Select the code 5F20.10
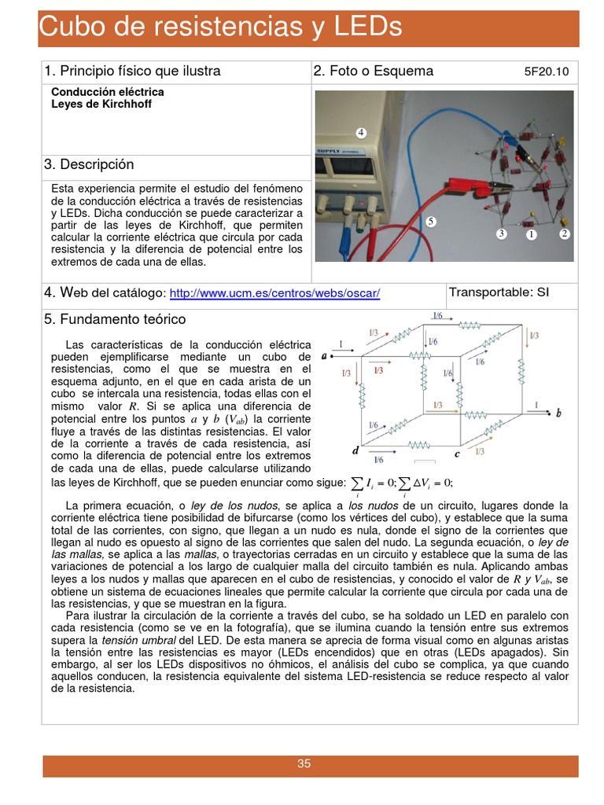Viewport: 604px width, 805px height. tap(547, 72)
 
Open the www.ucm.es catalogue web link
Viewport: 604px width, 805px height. tap(274, 293)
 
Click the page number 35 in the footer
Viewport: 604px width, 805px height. tap(304, 763)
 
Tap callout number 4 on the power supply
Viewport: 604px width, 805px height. tap(361, 132)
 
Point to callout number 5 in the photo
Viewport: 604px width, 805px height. tap(431, 222)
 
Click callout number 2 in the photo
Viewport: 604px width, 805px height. tap(564, 233)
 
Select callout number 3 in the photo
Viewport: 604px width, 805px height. tap(501, 233)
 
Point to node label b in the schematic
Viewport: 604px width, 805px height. tap(558, 413)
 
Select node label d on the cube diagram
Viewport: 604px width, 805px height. tap(355, 451)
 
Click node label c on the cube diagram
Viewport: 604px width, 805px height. tap(457, 454)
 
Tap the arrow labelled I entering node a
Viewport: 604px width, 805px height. tap(341, 350)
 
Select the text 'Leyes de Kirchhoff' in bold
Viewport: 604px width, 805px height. tap(90, 104)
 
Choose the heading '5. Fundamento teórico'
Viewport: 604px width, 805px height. tap(115, 319)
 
